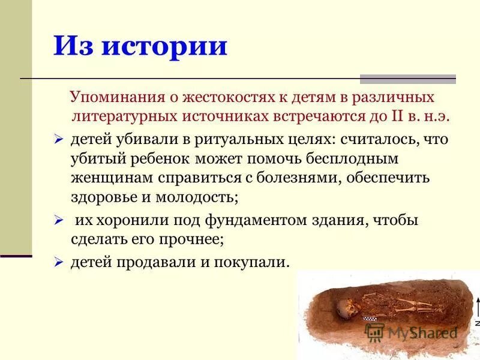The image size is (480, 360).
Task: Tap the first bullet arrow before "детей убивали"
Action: coord(59,140)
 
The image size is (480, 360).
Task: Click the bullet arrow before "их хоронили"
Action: coord(59,221)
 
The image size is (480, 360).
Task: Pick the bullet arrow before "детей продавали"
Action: coord(59,262)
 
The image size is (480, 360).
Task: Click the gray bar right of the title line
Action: coord(407,79)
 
